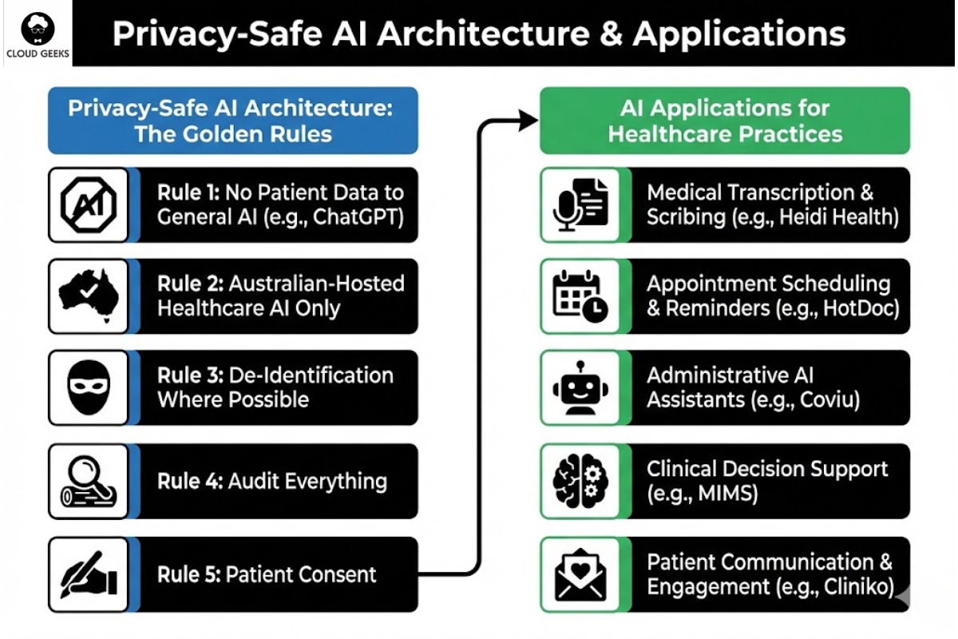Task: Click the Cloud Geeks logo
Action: (x=37, y=34)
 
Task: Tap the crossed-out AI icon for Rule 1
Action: (x=89, y=204)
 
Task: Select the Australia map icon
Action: (x=89, y=296)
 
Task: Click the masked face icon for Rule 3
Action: (x=89, y=388)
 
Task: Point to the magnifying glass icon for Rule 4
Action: (x=89, y=481)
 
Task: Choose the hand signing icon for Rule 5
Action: (x=89, y=574)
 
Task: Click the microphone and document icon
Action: (x=580, y=204)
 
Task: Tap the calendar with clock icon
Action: (x=580, y=296)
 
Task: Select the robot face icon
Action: (x=580, y=388)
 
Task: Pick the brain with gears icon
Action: (x=580, y=481)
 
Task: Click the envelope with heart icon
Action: (x=580, y=574)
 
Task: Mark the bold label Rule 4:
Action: (x=190, y=481)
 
